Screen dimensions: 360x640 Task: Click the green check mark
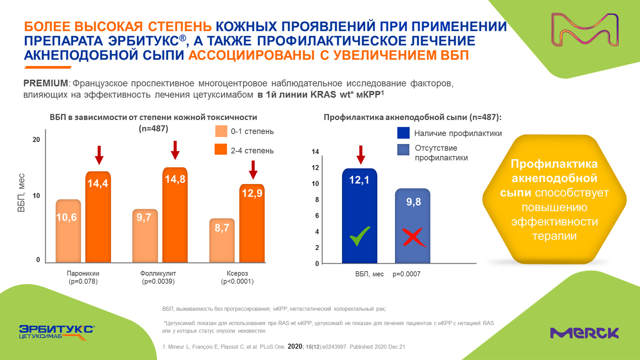(360, 236)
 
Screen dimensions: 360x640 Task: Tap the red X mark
(413, 237)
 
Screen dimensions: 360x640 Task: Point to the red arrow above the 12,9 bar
(253, 170)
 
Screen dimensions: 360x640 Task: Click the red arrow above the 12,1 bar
(360, 155)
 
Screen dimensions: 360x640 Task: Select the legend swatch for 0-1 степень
(221, 131)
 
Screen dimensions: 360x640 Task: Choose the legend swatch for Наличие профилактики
(403, 133)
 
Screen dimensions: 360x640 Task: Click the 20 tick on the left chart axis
(36, 140)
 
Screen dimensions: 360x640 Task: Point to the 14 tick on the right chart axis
(315, 152)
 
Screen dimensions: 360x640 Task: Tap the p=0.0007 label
(406, 274)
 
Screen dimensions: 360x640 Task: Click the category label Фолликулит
(158, 274)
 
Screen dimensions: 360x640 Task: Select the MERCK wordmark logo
(584, 333)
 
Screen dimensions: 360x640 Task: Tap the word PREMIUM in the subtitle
(46, 83)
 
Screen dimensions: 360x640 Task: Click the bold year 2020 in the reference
(295, 346)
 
